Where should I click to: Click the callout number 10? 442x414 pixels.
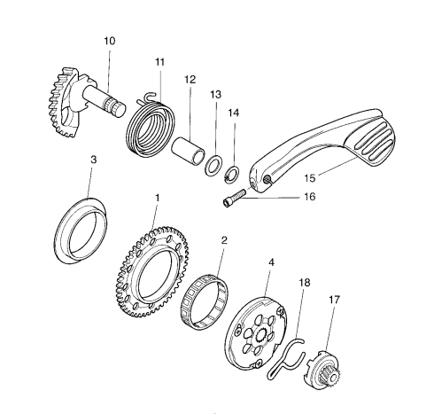tap(109, 41)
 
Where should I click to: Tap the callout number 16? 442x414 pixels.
tap(310, 197)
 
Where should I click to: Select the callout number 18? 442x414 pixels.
tap(305, 283)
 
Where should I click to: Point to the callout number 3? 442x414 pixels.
tap(93, 160)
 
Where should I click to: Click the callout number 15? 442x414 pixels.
tap(310, 178)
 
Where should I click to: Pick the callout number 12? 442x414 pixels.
tap(190, 80)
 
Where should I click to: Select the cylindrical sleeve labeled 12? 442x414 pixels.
tap(189, 152)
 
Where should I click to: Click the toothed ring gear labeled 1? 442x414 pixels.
tap(151, 271)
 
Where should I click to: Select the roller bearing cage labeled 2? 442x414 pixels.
tap(205, 302)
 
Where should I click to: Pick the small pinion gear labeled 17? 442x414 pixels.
tap(322, 370)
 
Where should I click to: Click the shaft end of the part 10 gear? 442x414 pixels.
tap(119, 109)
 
